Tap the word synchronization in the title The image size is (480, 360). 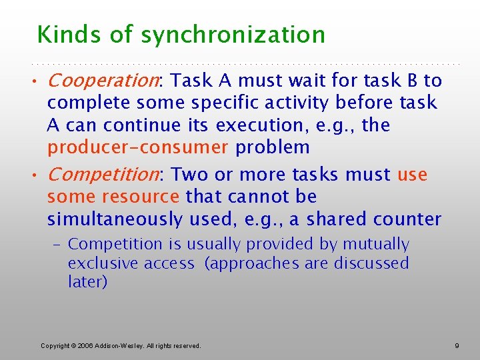coord(233,35)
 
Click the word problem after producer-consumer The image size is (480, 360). coord(273,147)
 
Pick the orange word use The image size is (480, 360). coord(412,175)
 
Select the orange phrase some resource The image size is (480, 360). coord(113,197)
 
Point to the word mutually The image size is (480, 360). coord(375,245)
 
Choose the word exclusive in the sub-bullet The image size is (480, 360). coord(99,263)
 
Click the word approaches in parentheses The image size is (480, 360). coord(254,263)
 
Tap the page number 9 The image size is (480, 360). coord(457,345)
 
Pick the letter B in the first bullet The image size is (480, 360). coord(413,81)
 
